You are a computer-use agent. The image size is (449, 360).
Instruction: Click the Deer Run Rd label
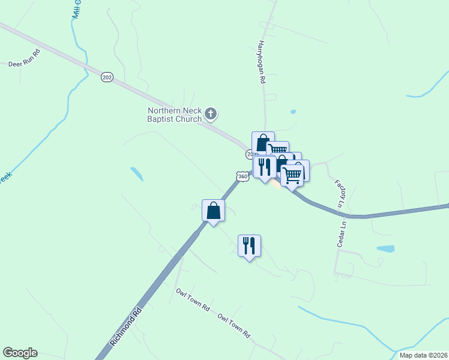pos(24,62)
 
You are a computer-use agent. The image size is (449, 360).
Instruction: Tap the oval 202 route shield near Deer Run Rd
pos(107,77)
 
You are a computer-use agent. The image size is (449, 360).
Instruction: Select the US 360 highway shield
pos(242,176)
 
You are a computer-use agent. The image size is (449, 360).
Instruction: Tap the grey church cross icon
pos(211,113)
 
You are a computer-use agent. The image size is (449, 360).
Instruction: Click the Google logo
pos(20,353)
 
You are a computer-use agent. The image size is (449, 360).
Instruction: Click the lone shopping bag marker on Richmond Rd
pos(214,211)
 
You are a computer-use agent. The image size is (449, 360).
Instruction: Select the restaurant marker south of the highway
pos(249,245)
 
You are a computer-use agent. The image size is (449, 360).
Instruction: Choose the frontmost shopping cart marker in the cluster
pos(292,176)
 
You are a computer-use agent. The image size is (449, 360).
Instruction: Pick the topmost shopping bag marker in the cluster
pos(262,142)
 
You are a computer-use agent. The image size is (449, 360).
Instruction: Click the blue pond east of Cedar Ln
pos(385,248)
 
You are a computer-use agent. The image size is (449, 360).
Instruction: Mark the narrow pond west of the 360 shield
pos(137,174)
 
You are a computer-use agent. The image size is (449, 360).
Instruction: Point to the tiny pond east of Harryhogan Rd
pos(293,112)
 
